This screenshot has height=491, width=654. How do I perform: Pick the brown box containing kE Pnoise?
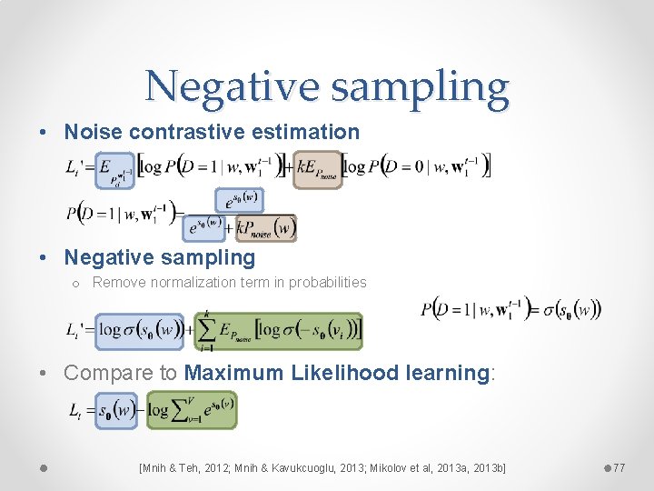[319, 169]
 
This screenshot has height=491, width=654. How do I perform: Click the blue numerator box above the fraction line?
[238, 199]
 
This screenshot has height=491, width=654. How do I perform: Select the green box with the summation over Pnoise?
[279, 331]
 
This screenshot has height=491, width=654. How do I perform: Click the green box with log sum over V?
[192, 409]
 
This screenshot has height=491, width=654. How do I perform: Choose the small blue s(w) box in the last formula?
[117, 410]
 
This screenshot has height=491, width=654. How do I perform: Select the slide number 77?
[619, 467]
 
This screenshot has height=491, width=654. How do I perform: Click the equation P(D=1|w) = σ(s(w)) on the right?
[510, 309]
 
